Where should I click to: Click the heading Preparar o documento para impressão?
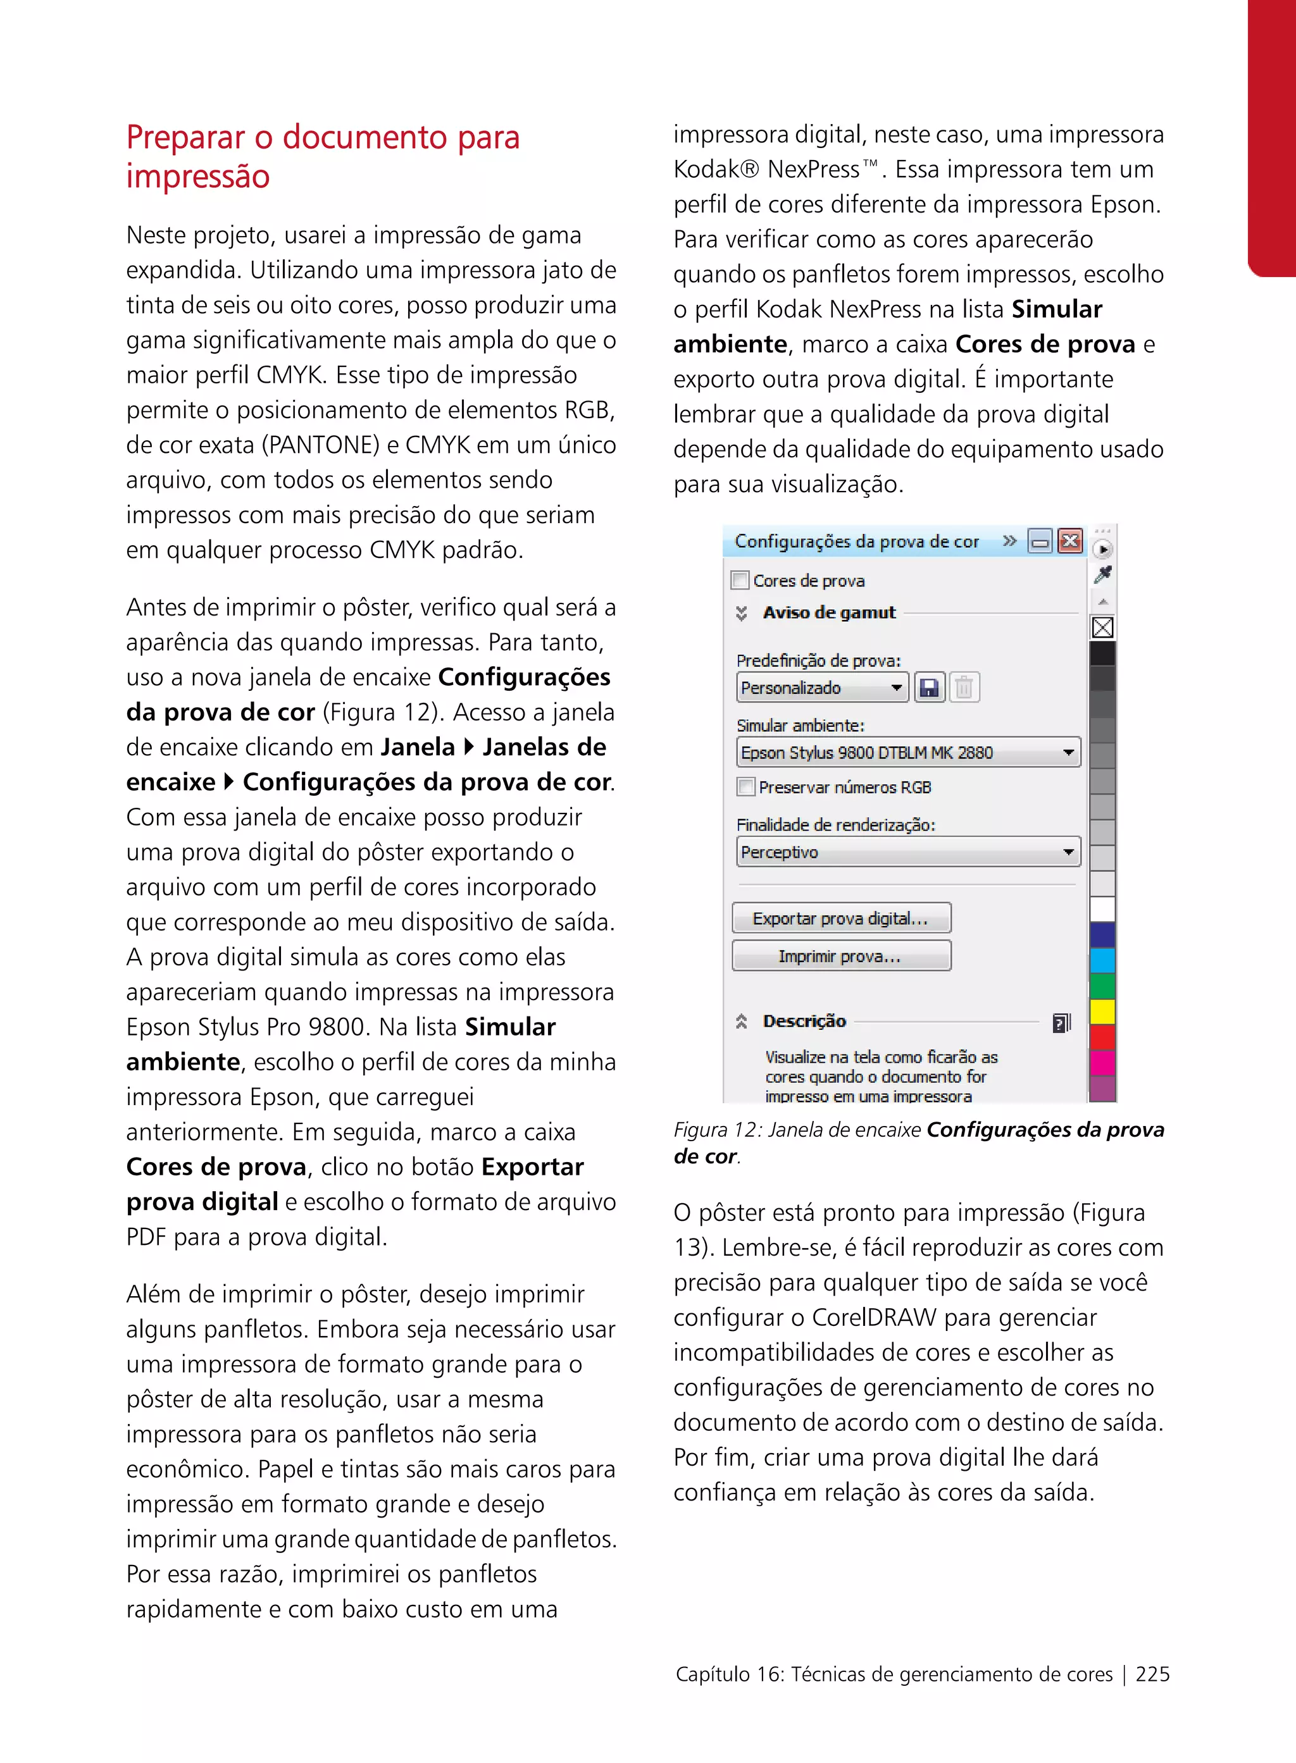point(323,156)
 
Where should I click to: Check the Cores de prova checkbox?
point(739,580)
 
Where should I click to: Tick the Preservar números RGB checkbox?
point(746,786)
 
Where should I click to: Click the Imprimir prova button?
point(841,956)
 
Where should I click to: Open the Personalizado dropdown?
point(822,688)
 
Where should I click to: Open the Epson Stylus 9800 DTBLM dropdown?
point(907,753)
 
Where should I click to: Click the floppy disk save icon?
point(930,688)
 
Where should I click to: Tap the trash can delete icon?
point(964,688)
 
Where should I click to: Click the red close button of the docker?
point(1070,541)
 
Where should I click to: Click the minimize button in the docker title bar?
point(1040,541)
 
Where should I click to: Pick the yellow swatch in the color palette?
point(1103,1011)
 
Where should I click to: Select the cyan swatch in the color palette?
point(1103,960)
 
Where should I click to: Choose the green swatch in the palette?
point(1103,986)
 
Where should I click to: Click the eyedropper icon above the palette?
point(1103,575)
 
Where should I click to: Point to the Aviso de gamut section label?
point(828,612)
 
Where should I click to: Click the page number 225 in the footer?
point(1152,1674)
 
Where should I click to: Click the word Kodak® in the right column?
point(716,170)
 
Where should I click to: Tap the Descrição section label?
point(804,1021)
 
